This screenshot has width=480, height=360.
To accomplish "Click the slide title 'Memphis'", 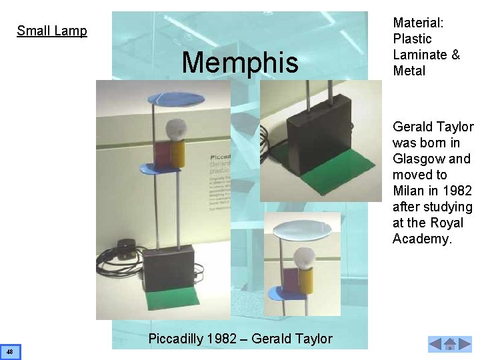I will (x=240, y=63).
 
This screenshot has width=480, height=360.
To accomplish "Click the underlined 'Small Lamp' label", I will (x=52, y=31).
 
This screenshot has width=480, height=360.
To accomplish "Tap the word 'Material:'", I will (x=419, y=23).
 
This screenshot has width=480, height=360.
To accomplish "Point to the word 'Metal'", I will (x=409, y=71).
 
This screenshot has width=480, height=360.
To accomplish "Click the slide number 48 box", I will (x=11, y=351).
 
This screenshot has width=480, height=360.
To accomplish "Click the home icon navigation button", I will (x=450, y=345).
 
